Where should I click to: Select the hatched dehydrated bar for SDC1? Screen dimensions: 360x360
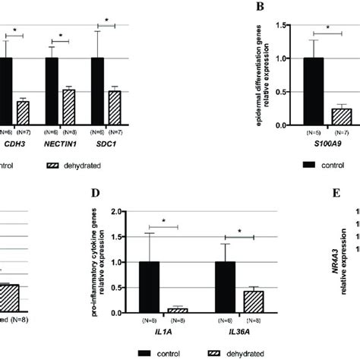(x=115, y=108)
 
